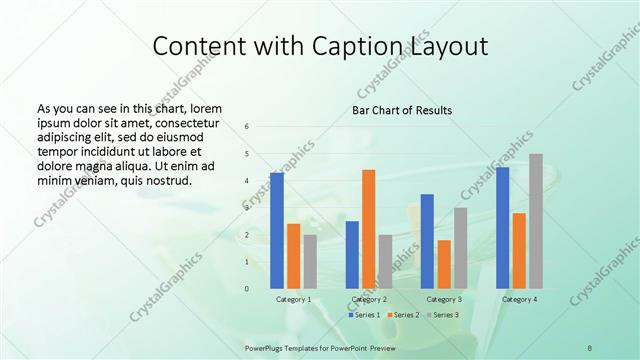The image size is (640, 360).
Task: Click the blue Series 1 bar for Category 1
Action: coord(277,230)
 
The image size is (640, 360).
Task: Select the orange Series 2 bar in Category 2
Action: coord(369,229)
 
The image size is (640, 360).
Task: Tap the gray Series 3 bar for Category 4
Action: coord(536,221)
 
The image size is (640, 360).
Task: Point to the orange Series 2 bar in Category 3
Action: coord(444,264)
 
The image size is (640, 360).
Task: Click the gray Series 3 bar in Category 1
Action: coord(310,262)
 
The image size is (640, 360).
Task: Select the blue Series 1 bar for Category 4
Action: coord(502,228)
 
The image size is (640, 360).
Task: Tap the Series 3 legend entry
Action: coord(443,315)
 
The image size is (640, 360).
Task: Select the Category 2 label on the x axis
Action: coord(369,299)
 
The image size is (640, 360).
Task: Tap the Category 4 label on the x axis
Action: coord(519,299)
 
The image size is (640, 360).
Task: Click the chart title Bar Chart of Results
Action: coord(402,110)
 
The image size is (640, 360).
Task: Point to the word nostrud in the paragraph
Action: coord(165,181)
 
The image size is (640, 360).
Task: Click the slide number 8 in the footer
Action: coord(590,347)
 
